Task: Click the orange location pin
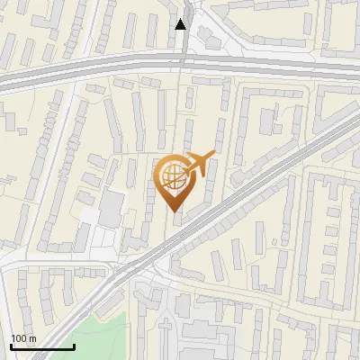click(x=173, y=180)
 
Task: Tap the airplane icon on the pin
click(x=199, y=166)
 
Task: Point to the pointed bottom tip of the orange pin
click(x=173, y=211)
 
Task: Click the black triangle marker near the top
click(x=181, y=24)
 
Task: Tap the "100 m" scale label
click(x=23, y=338)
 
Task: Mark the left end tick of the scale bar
click(x=11, y=345)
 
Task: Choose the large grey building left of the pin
click(x=111, y=208)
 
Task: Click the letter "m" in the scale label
click(x=32, y=338)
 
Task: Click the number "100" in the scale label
click(x=19, y=338)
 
